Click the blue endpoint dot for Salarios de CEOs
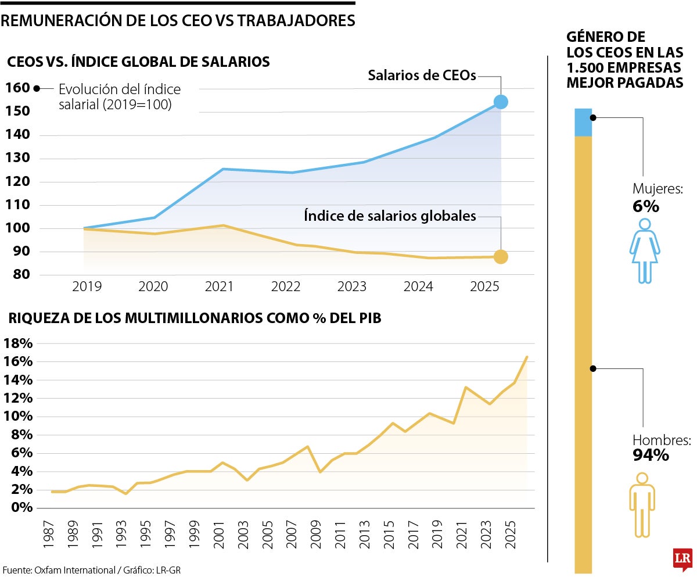[x=501, y=102]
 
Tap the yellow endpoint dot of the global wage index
[x=501, y=257]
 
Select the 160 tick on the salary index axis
[x=17, y=88]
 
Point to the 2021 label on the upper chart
[x=219, y=286]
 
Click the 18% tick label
[x=18, y=343]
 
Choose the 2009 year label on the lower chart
[x=315, y=534]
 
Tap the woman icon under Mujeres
[x=645, y=251]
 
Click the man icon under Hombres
[x=642, y=505]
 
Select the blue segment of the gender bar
[x=583, y=122]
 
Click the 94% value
[x=651, y=455]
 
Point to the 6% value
[x=645, y=206]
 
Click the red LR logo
[x=682, y=558]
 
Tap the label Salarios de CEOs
[x=422, y=76]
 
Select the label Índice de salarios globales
[x=390, y=216]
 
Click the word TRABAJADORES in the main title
[x=296, y=21]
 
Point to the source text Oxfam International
[x=75, y=570]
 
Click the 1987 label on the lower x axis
[x=48, y=534]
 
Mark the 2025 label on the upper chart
[x=484, y=286]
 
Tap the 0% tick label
[x=22, y=507]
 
